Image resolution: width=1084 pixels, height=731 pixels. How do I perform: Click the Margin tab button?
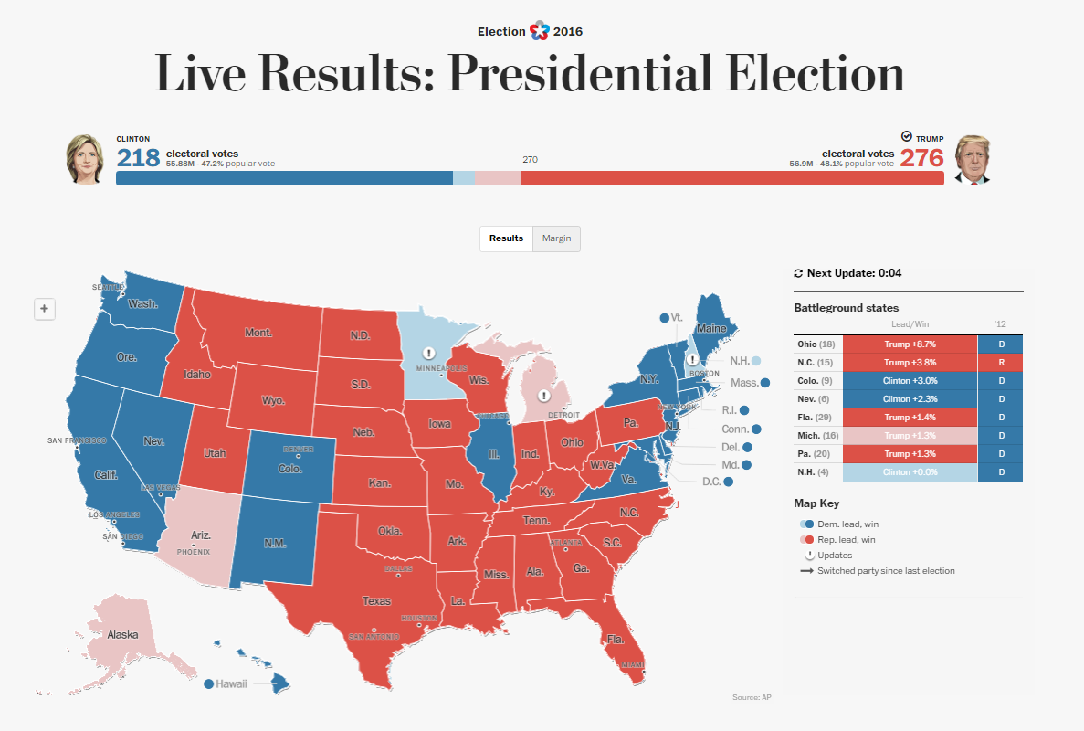[x=556, y=238]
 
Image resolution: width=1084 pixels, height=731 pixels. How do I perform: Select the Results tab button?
[x=506, y=238]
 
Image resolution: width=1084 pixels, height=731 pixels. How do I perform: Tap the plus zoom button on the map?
[x=44, y=309]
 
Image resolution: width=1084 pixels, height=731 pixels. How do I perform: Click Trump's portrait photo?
[x=973, y=160]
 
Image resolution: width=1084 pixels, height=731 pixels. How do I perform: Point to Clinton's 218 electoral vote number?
[x=138, y=158]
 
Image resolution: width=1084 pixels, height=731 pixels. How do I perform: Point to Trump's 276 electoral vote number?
[x=921, y=158]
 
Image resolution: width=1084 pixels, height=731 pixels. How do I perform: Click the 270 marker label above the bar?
[x=530, y=160]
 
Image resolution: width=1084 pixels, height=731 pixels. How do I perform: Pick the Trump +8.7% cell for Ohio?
[x=910, y=344]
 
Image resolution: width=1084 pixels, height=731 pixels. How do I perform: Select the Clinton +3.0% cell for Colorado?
[x=910, y=381]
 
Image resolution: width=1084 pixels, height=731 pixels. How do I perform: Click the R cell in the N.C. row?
[x=1000, y=363]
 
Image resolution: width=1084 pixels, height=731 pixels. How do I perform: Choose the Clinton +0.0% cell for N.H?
[x=910, y=472]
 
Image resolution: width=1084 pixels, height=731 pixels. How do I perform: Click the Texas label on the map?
[x=376, y=601]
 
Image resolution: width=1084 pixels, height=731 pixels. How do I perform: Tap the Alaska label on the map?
[x=122, y=634]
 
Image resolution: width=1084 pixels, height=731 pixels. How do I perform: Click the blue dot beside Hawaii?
[x=209, y=683]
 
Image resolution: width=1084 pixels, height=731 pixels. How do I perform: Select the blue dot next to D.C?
[x=728, y=482]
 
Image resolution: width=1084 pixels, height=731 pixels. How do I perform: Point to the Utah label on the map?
[x=215, y=452]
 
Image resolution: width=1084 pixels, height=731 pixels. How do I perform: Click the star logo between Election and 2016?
[x=540, y=31]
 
